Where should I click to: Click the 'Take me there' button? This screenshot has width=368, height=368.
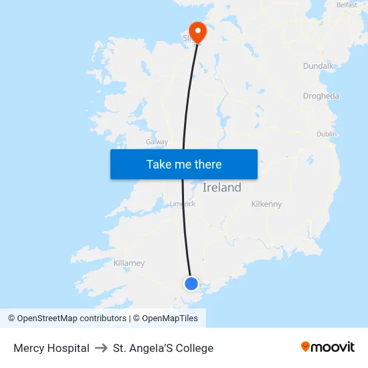184,164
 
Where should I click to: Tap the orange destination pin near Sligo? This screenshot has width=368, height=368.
198,31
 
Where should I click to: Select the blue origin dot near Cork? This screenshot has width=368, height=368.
191,284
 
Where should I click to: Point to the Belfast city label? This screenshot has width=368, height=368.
347,5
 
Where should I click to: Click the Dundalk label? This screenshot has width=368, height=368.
318,66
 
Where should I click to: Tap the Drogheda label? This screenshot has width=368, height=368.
320,96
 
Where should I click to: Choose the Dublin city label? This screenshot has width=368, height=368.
327,134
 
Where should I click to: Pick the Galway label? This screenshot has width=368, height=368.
157,142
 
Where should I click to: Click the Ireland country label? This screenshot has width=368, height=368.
221,188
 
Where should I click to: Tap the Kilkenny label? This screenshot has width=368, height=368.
266,204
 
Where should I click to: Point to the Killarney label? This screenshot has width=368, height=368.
129,263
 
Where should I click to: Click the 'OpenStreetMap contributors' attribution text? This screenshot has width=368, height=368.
72,318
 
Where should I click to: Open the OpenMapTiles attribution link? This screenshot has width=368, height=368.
170,318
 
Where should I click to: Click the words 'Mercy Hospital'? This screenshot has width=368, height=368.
52,348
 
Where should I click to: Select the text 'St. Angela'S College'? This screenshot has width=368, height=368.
163,348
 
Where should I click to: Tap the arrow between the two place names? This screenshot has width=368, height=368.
101,348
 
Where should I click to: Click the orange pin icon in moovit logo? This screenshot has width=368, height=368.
305,347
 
